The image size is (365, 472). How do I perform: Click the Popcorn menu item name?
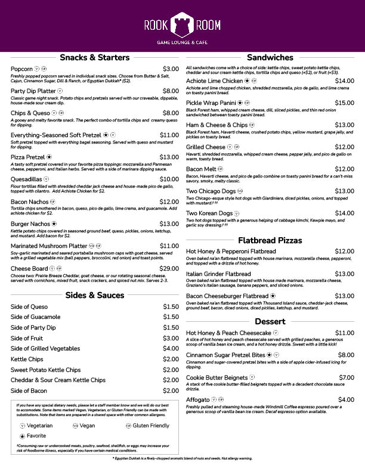21,69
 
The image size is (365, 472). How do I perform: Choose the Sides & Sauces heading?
94,295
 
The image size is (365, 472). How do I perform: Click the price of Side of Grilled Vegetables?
171,349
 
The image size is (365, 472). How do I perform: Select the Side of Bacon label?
29,391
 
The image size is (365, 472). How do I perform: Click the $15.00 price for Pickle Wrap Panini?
344,103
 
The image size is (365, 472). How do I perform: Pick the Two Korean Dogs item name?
209,213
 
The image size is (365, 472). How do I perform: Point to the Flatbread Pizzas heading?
270,241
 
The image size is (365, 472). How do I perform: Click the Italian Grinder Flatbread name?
218,274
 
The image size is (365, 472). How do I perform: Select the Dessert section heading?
270,322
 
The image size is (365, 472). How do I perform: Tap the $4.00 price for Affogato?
346,400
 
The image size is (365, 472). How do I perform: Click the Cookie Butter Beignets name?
216,378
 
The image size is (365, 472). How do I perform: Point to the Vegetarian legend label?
40,426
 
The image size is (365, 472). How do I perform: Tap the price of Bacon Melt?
344,169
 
